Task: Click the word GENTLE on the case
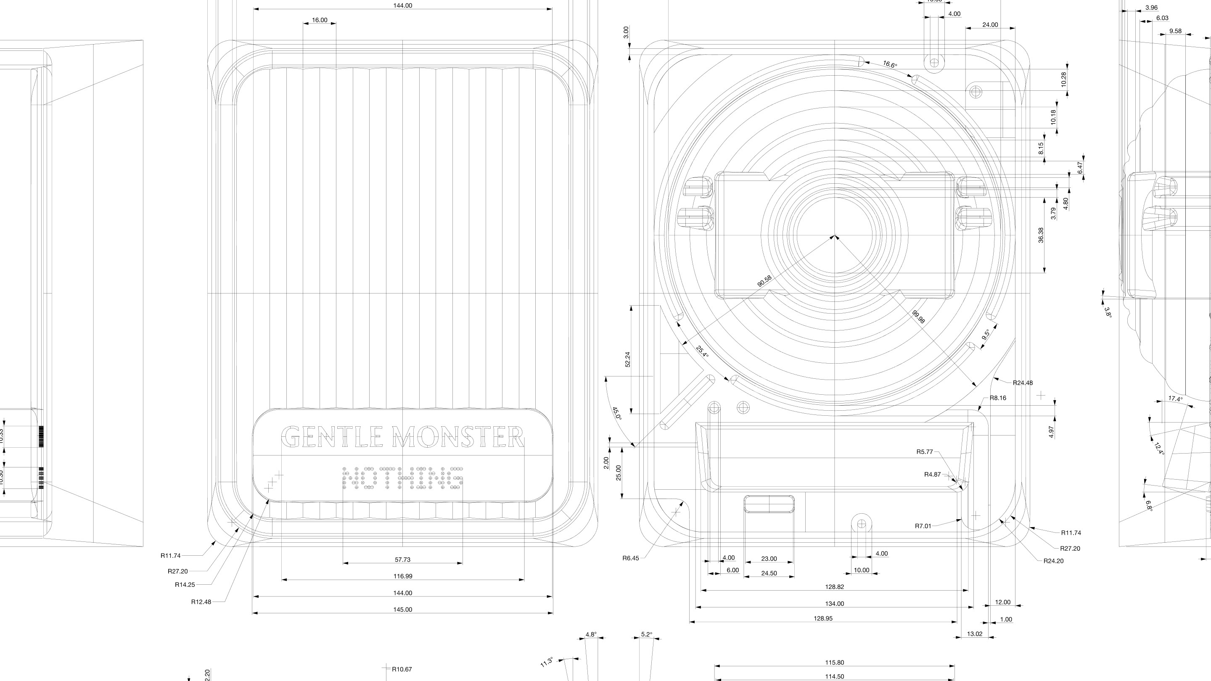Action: click(x=331, y=437)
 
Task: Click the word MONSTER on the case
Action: click(x=457, y=437)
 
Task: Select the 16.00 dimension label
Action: click(x=319, y=20)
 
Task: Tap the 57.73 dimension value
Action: click(x=402, y=559)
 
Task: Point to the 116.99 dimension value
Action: click(x=402, y=576)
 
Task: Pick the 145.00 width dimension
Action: click(x=402, y=610)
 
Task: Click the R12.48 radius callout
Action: click(x=201, y=602)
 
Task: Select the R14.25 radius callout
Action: click(x=185, y=585)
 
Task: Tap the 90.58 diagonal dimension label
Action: click(x=764, y=281)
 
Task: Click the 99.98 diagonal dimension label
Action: click(x=918, y=317)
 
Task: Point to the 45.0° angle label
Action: click(x=616, y=414)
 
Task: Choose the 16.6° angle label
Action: click(x=890, y=64)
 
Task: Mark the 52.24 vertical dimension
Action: click(x=628, y=359)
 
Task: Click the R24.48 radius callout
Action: click(x=1023, y=383)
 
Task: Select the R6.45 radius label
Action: click(x=630, y=558)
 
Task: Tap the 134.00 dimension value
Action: click(x=834, y=604)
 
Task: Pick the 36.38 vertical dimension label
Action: click(x=1041, y=235)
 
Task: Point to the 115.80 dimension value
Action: click(x=834, y=663)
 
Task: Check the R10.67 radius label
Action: click(x=402, y=669)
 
